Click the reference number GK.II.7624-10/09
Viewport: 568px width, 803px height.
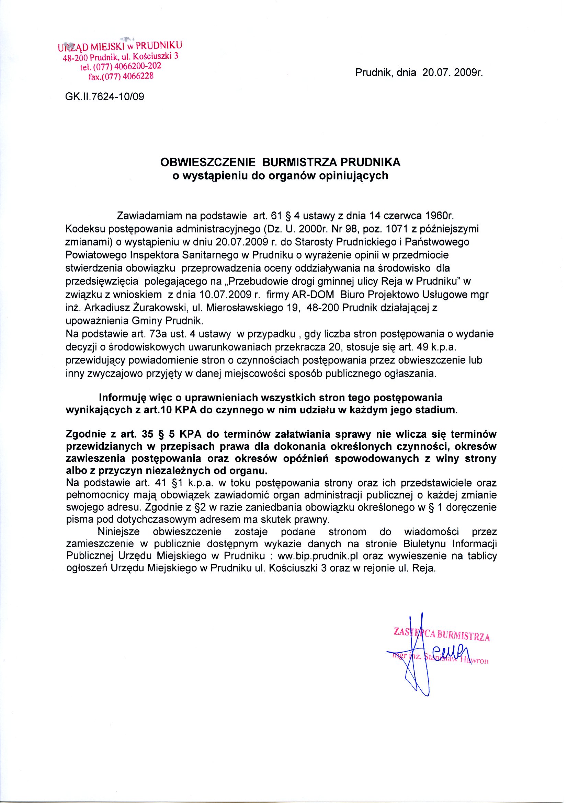(105, 96)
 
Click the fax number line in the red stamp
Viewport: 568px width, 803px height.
(121, 76)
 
